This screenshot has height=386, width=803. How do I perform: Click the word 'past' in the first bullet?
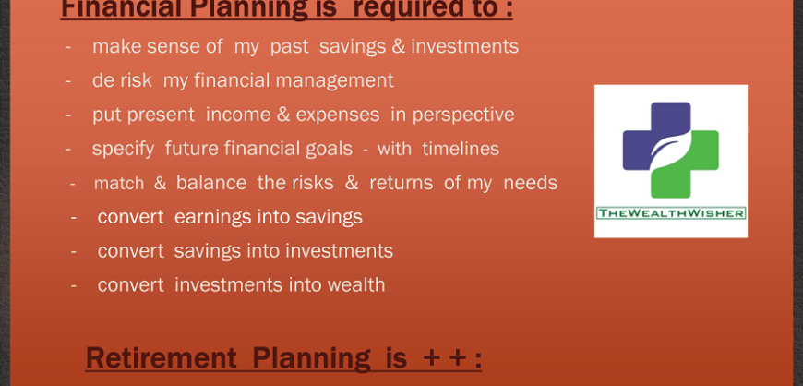[x=289, y=48]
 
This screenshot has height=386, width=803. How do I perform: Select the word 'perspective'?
[x=463, y=115]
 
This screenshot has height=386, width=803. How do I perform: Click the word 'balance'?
[x=211, y=183]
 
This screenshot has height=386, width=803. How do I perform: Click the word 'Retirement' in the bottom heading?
[x=161, y=357]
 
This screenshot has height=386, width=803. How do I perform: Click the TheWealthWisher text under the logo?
[x=671, y=212]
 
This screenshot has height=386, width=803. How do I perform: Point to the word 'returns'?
[x=401, y=183]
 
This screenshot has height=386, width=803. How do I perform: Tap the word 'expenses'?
[x=338, y=115]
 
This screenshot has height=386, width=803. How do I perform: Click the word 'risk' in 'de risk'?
[x=138, y=80]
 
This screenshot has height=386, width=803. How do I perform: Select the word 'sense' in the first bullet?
[x=197, y=47]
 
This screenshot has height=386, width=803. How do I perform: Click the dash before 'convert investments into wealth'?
[x=74, y=285]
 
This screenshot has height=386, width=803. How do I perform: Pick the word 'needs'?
[x=531, y=183]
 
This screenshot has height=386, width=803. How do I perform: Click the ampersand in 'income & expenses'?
[x=283, y=115]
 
